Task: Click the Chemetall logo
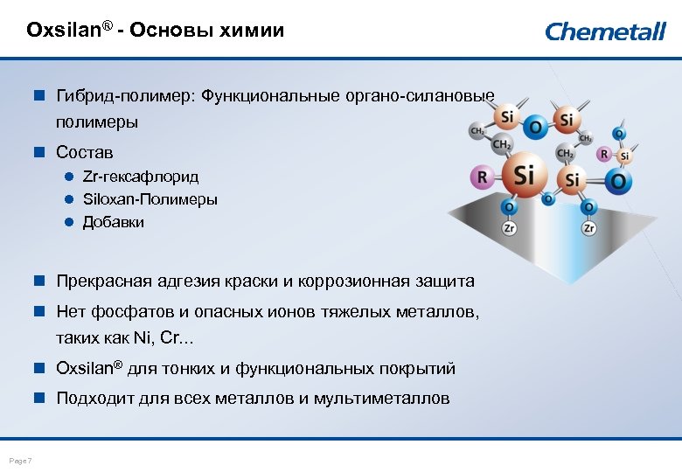coord(605,31)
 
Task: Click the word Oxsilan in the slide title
coord(64,31)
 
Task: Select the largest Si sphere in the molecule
coord(522,175)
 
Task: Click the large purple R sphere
coord(480,177)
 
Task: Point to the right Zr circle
coord(588,228)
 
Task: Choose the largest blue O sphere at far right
coord(618,181)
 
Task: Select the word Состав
coord(85,152)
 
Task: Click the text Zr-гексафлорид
coord(140,177)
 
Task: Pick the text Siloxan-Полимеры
coord(150,199)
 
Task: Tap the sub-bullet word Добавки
coord(114,222)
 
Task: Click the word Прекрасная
coord(104,281)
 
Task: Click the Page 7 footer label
coord(19,461)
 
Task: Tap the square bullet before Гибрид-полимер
coord(38,94)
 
